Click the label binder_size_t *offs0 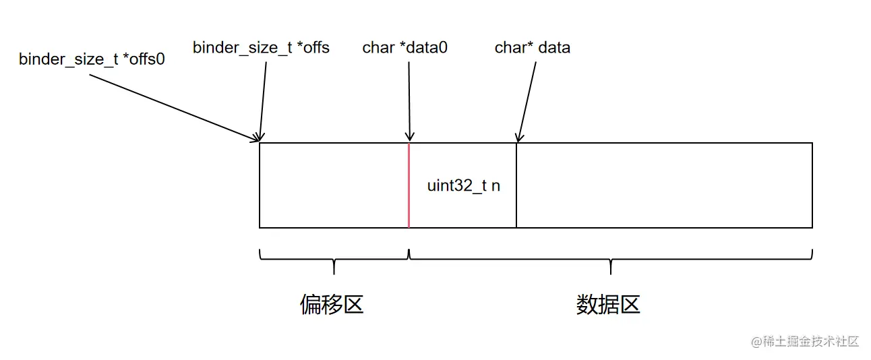pyautogui.click(x=92, y=59)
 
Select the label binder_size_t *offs pyautogui.click(x=261, y=48)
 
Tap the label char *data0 pyautogui.click(x=405, y=48)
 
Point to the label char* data pyautogui.click(x=532, y=48)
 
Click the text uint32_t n pyautogui.click(x=464, y=186)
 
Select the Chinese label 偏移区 pyautogui.click(x=332, y=305)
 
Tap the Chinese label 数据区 pyautogui.click(x=608, y=305)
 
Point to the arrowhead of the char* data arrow pyautogui.click(x=518, y=138)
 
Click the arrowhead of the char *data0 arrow pyautogui.click(x=409, y=138)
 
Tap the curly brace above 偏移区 pyautogui.click(x=334, y=258)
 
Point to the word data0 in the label pyautogui.click(x=427, y=48)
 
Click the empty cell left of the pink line pyautogui.click(x=334, y=185)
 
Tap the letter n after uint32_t pyautogui.click(x=495, y=186)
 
